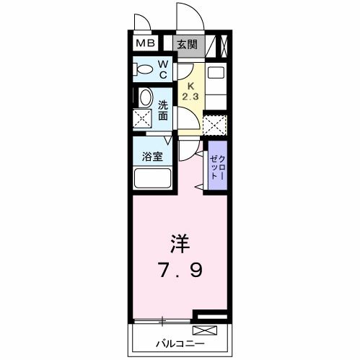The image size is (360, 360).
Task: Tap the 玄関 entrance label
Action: (188, 45)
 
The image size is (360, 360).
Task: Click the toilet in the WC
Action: (144, 70)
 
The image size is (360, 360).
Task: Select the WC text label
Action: (163, 70)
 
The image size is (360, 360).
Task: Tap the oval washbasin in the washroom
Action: (145, 98)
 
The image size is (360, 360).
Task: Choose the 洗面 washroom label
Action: (163, 110)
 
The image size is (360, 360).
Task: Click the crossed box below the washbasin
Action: (142, 119)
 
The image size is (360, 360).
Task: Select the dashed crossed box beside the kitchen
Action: (214, 125)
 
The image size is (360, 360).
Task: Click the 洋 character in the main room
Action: (180, 240)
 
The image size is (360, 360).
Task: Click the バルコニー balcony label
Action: (177, 343)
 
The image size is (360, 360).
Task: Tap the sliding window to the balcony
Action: (164, 320)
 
